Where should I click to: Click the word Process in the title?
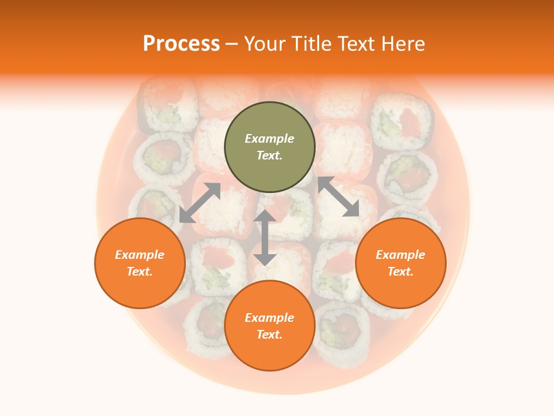point(181,43)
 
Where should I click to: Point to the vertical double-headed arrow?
point(265,238)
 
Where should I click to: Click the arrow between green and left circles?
point(200,202)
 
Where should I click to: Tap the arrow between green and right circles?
point(338,196)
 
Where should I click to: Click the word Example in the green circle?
point(269,139)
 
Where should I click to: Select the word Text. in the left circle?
point(140,272)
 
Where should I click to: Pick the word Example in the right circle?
point(400,255)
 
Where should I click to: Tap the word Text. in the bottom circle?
point(269,335)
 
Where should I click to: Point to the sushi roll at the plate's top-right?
point(402,121)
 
